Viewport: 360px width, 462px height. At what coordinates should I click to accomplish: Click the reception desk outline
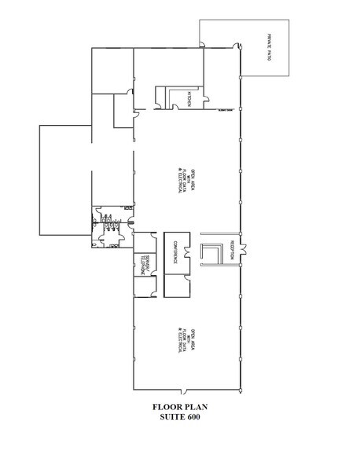pyautogui.click(x=212, y=253)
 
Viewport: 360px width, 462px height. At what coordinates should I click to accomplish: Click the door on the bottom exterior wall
pyautogui.click(x=186, y=390)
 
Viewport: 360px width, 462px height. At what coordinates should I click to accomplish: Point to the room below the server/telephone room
pyautogui.click(x=146, y=288)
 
